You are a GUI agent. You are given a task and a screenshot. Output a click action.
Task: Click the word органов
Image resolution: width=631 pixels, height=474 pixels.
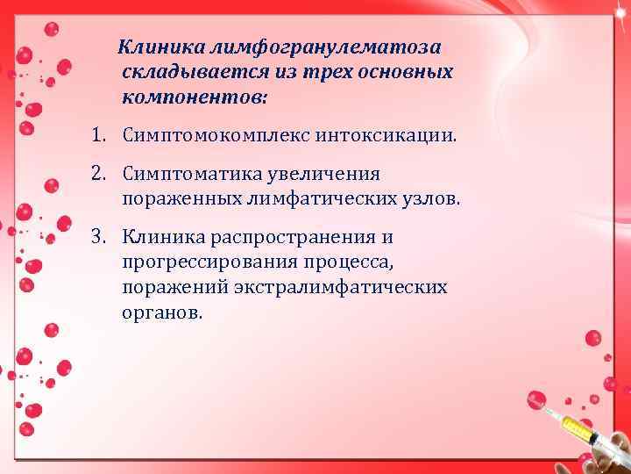(161, 312)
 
